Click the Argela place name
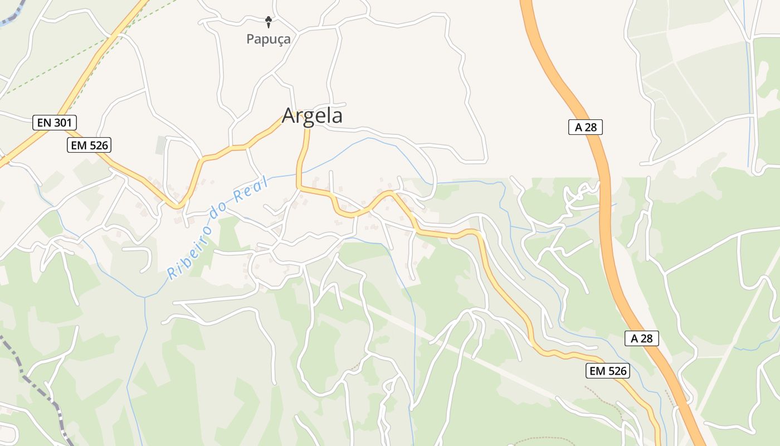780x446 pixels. tap(312, 115)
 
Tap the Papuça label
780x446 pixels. tap(269, 40)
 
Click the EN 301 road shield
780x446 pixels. tap(55, 123)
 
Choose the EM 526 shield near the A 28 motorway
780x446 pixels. tap(607, 371)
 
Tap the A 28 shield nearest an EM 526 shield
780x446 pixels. tap(642, 338)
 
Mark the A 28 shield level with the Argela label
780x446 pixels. tap(586, 127)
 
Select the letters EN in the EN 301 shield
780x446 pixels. tap(43, 123)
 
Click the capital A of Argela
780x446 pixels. tap(288, 115)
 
